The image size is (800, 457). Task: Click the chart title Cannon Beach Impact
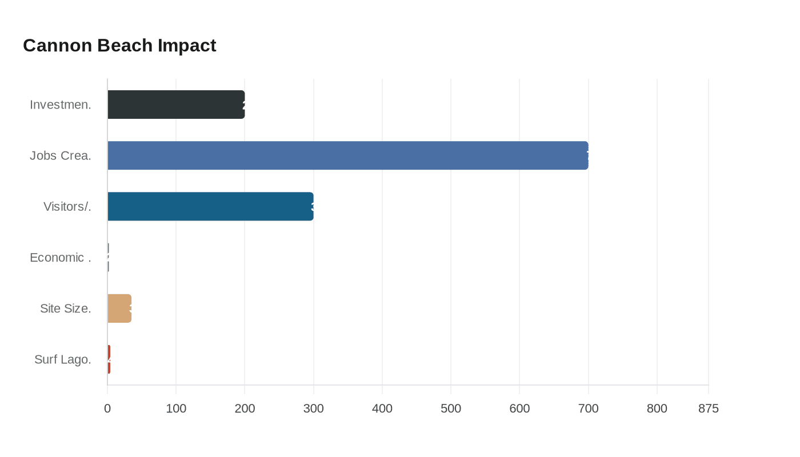pyautogui.click(x=119, y=45)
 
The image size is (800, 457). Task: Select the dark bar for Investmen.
pyautogui.click(x=176, y=105)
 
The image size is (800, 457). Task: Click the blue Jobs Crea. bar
pyautogui.click(x=347, y=155)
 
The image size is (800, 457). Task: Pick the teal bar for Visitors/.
pyautogui.click(x=210, y=206)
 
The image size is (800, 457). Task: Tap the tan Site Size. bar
pyautogui.click(x=119, y=308)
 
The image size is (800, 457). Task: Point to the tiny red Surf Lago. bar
pyautogui.click(x=109, y=359)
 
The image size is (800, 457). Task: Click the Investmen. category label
pyautogui.click(x=61, y=105)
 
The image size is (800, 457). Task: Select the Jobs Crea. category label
pyautogui.click(x=61, y=155)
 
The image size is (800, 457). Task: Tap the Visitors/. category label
pyautogui.click(x=67, y=206)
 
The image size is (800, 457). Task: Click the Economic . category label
pyautogui.click(x=61, y=258)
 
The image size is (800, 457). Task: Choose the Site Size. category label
pyautogui.click(x=66, y=308)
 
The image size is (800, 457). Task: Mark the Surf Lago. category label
pyautogui.click(x=63, y=359)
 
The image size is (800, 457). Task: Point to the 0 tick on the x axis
pyautogui.click(x=107, y=408)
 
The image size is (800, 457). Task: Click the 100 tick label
pyautogui.click(x=176, y=408)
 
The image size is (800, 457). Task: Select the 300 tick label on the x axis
pyautogui.click(x=313, y=408)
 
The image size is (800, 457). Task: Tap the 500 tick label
pyautogui.click(x=451, y=408)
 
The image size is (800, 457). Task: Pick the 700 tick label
pyautogui.click(x=588, y=408)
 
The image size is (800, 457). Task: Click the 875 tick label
pyautogui.click(x=709, y=408)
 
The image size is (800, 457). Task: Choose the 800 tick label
pyautogui.click(x=657, y=408)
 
